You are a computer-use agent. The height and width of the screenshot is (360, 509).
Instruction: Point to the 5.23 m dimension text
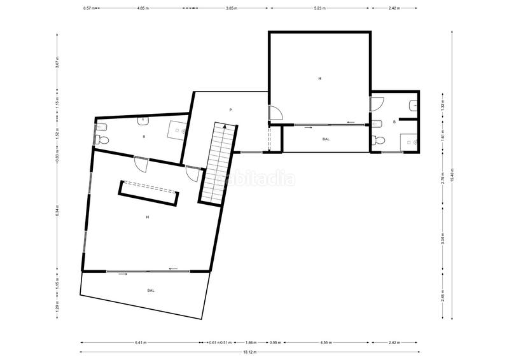(319, 8)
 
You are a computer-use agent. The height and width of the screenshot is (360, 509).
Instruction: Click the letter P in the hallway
(230, 110)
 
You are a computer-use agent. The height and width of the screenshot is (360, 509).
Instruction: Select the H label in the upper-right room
(320, 78)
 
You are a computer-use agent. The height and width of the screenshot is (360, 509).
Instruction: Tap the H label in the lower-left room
(147, 217)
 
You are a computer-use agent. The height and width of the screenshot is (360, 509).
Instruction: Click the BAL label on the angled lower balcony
(151, 291)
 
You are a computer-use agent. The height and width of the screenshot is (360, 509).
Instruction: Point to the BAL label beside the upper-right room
(326, 139)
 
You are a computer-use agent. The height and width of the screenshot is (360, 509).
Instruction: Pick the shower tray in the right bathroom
(408, 143)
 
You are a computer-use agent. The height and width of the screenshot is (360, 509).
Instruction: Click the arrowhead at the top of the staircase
(225, 127)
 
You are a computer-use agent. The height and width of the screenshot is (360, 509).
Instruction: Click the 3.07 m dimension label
(58, 64)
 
